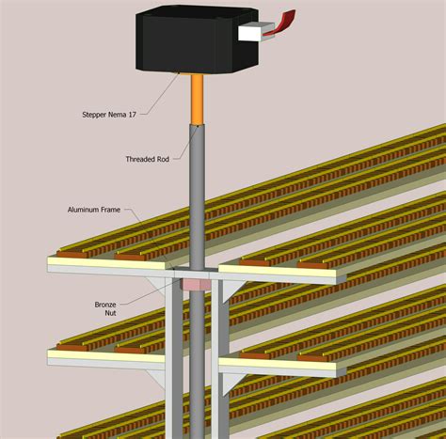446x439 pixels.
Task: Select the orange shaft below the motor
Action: [198, 100]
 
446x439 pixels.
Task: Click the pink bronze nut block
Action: [196, 283]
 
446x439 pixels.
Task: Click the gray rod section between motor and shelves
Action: [198, 188]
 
